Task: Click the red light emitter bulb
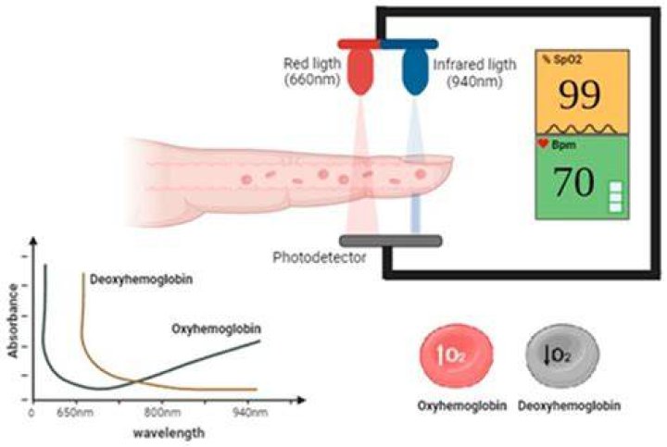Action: pyautogui.click(x=360, y=71)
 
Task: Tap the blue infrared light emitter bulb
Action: pyautogui.click(x=415, y=71)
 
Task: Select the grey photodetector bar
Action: pyautogui.click(x=391, y=241)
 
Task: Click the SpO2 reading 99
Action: pyautogui.click(x=579, y=95)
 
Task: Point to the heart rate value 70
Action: pyautogui.click(x=574, y=182)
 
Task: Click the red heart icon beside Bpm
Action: pyautogui.click(x=543, y=143)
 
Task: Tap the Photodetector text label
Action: pyautogui.click(x=319, y=257)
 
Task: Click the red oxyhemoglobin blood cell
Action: pyautogui.click(x=457, y=356)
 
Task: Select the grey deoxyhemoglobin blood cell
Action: pyautogui.click(x=562, y=356)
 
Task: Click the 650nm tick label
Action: pyautogui.click(x=75, y=413)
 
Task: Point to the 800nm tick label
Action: pyautogui.click(x=162, y=413)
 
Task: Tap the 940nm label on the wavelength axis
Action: pyautogui.click(x=250, y=413)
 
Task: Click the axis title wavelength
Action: pyautogui.click(x=169, y=433)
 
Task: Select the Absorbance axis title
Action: pyautogui.click(x=13, y=320)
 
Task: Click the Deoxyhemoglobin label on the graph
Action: pyautogui.click(x=141, y=279)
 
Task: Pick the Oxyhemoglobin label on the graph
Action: pyautogui.click(x=216, y=329)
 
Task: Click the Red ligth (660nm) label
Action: pyautogui.click(x=312, y=71)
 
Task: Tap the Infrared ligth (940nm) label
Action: pyautogui.click(x=474, y=72)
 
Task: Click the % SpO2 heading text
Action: pyautogui.click(x=561, y=59)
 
